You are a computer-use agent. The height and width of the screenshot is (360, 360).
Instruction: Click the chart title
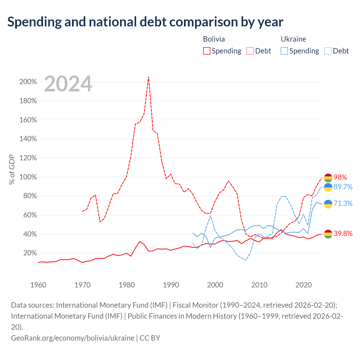[x=145, y=22]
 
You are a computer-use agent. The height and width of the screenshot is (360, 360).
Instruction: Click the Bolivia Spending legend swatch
[x=206, y=51]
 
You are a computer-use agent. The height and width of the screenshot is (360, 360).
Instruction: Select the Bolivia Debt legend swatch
[x=250, y=51]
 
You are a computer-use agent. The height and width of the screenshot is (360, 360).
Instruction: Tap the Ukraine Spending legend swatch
[x=284, y=51]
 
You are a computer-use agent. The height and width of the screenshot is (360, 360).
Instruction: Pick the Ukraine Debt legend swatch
[x=327, y=51]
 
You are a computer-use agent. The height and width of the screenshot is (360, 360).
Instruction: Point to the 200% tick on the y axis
[x=28, y=82]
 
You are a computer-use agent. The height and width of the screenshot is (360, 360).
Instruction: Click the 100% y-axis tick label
[x=28, y=177]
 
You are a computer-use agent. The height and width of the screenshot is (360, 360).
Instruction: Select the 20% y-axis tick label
[x=30, y=253]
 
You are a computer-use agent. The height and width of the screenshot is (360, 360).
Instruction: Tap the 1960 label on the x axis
[x=38, y=285]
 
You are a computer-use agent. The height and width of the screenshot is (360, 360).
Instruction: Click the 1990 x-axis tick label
[x=171, y=285]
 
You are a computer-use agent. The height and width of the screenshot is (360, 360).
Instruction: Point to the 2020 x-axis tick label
[x=303, y=285]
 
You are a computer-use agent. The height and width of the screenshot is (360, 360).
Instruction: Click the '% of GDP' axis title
[x=12, y=169]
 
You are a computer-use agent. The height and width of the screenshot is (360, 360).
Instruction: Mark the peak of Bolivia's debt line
[x=148, y=77]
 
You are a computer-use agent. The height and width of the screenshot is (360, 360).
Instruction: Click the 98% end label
[x=340, y=177]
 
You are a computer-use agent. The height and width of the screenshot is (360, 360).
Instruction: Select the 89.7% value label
[x=343, y=187]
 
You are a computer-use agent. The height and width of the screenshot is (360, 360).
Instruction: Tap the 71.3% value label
[x=343, y=203]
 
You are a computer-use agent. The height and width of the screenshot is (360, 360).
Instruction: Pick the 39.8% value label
[x=343, y=233]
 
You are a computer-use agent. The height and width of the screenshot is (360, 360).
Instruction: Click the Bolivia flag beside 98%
[x=328, y=178]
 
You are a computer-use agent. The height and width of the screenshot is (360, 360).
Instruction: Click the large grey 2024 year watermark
[x=68, y=84]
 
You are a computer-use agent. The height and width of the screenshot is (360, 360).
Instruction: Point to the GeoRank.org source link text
[x=73, y=338]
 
